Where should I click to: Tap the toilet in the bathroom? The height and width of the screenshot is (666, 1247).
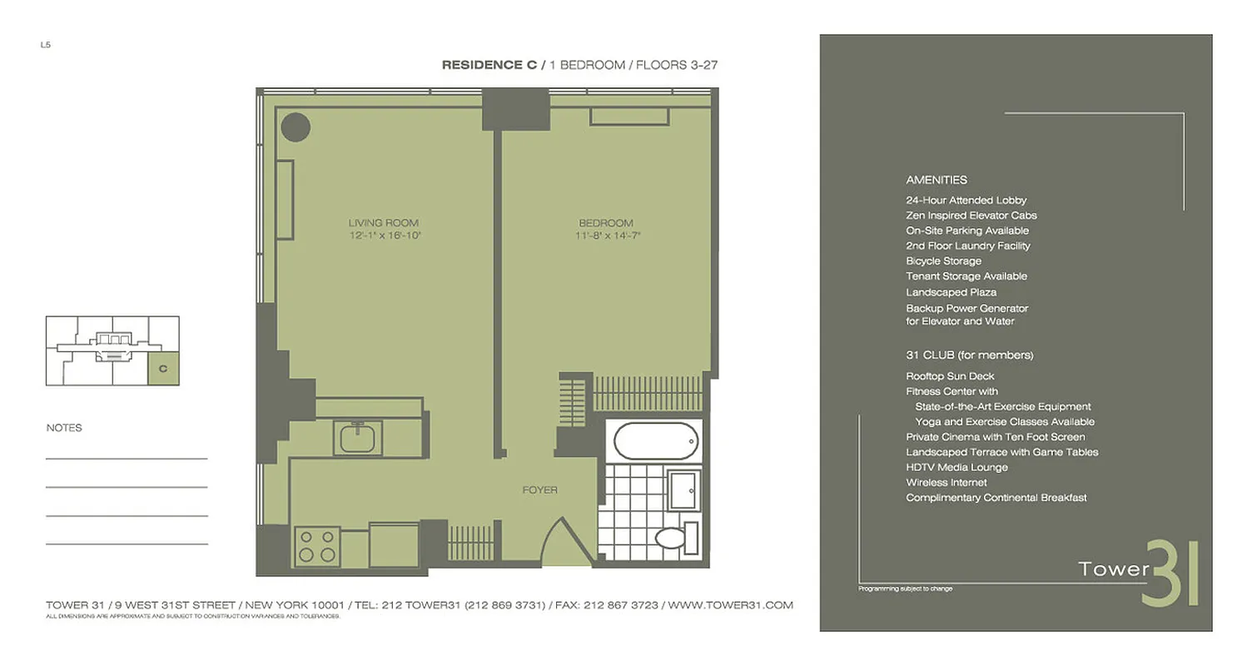point(670,538)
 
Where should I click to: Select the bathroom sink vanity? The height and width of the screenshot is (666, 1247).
point(685,490)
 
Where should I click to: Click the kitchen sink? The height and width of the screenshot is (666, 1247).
point(358,437)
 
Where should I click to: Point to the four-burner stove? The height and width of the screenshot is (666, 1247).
point(317,546)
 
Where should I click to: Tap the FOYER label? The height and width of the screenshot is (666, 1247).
point(539,490)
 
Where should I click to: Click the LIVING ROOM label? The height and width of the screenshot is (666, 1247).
point(383,222)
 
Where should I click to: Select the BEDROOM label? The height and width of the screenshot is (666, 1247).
point(606,222)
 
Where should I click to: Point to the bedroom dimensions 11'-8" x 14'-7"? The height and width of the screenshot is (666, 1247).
point(606,236)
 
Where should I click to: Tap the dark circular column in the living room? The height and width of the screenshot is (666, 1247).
point(296,127)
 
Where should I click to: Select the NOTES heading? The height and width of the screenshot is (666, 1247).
point(64,428)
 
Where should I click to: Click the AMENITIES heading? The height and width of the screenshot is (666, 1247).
point(936,180)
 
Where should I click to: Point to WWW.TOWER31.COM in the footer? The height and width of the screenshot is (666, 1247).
point(730,605)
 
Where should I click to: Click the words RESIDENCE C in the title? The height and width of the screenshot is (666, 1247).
point(489,65)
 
